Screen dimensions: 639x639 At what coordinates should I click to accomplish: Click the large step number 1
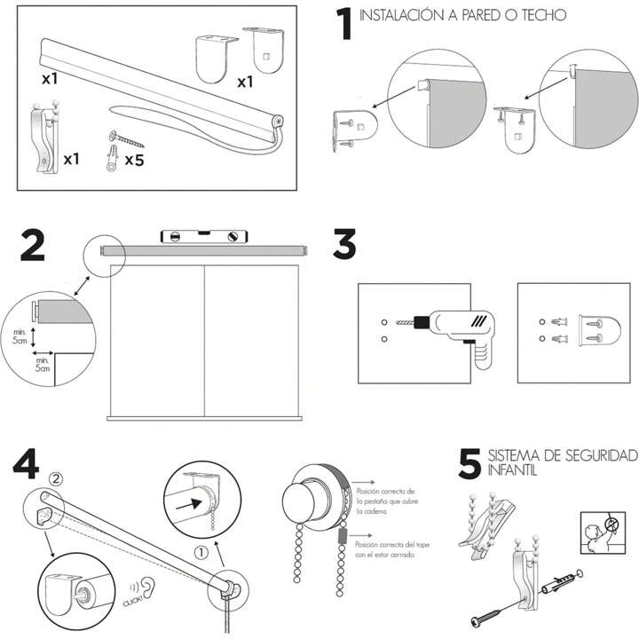(x=343, y=26)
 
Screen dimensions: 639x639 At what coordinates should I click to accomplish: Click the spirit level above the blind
(x=203, y=235)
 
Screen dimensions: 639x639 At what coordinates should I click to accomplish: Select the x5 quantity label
(x=135, y=161)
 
